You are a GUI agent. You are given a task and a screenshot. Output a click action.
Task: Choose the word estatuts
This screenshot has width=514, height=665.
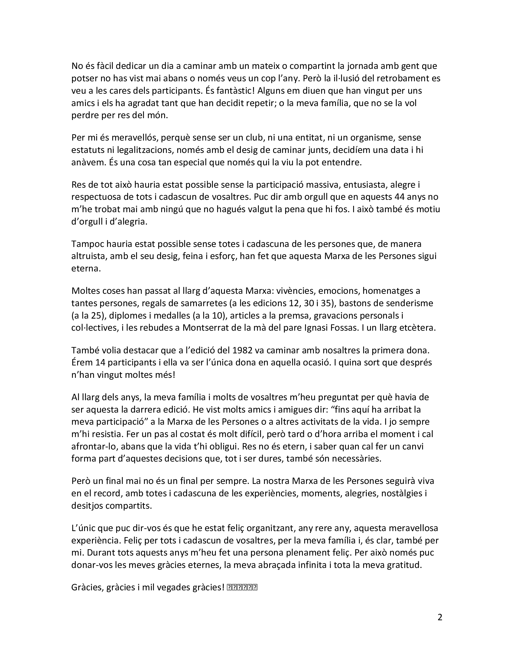point(89,150)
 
